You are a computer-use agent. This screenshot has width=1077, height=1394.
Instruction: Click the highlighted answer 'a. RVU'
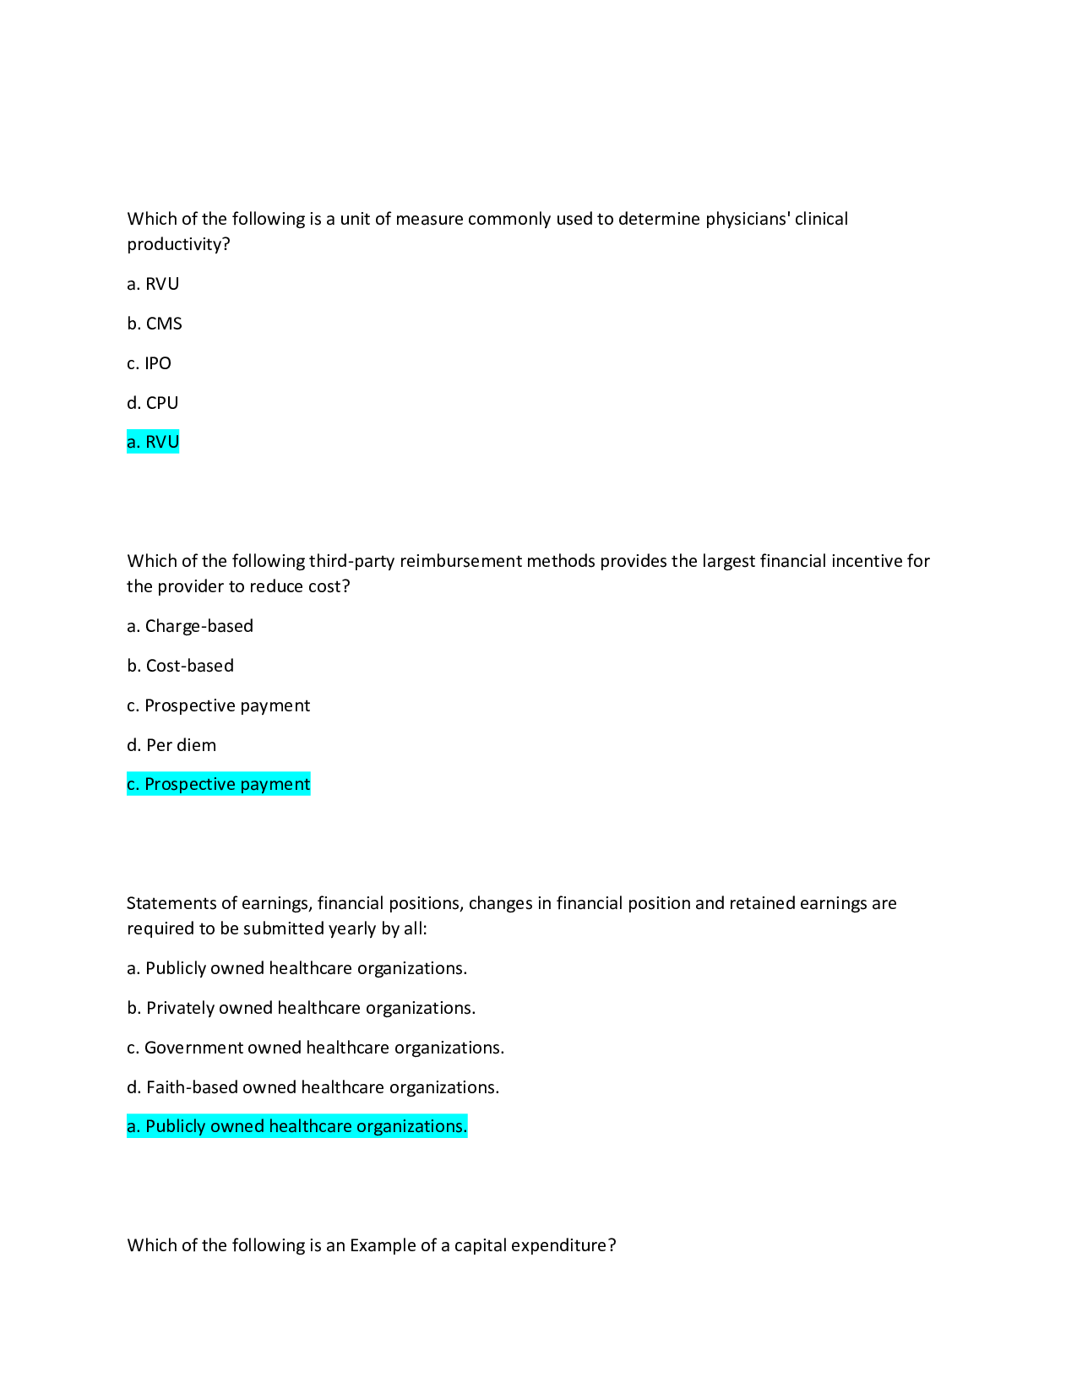click(153, 442)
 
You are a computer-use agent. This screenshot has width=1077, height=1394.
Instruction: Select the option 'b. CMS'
click(155, 324)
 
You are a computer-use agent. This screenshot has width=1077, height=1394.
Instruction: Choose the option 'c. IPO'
click(150, 363)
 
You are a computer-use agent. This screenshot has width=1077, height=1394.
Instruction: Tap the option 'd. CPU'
click(153, 403)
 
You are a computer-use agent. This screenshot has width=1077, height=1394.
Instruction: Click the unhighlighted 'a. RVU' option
click(153, 284)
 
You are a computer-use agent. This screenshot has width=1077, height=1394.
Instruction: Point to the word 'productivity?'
click(178, 244)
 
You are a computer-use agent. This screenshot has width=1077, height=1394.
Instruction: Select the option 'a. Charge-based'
click(190, 626)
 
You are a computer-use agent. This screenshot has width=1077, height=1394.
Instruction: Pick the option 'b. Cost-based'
click(181, 666)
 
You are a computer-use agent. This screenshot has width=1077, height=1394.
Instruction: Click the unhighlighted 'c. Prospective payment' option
click(219, 705)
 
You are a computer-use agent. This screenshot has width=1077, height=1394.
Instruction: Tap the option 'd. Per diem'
click(171, 745)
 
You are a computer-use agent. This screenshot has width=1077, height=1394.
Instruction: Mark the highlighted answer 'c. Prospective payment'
click(219, 784)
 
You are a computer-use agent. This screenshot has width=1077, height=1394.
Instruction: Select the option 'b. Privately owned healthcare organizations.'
click(302, 1008)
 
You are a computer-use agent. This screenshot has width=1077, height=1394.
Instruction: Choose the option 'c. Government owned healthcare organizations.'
click(316, 1048)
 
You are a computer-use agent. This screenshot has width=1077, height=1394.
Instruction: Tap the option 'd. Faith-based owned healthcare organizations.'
click(313, 1087)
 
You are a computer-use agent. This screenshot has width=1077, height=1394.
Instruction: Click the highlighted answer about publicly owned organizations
click(296, 1126)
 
